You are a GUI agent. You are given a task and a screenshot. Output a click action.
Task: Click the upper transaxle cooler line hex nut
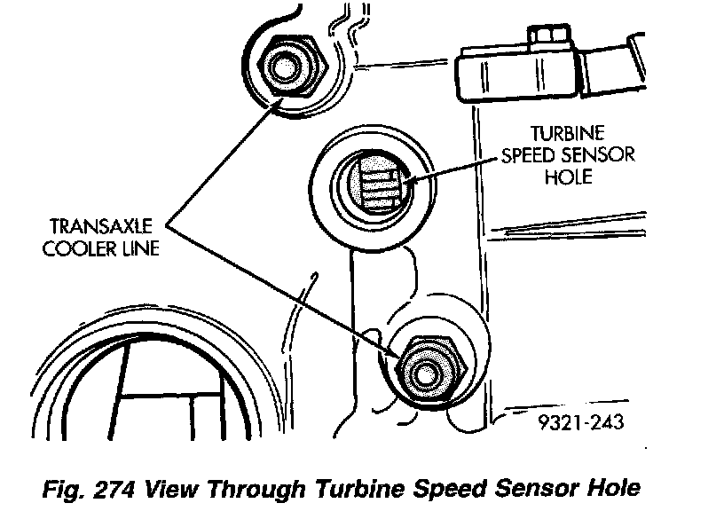(287, 67)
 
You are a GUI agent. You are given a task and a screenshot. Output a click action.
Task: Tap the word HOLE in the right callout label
(569, 176)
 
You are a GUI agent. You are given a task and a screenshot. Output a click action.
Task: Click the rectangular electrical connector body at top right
(515, 70)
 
